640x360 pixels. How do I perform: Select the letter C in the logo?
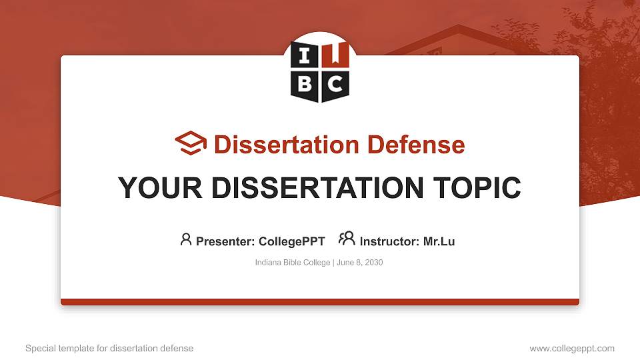click(x=335, y=83)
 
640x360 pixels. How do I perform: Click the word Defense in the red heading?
click(x=407, y=145)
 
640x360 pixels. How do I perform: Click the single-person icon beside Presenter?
click(x=186, y=239)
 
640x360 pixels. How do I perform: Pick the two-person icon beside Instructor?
click(x=347, y=239)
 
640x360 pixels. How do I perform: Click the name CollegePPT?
click(x=291, y=241)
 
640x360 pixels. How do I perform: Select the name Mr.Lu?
click(x=439, y=241)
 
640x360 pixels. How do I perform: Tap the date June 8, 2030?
click(x=360, y=263)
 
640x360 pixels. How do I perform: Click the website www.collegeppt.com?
click(x=572, y=348)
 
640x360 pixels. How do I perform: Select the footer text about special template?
click(x=109, y=348)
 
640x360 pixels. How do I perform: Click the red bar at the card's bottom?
click(x=320, y=302)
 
